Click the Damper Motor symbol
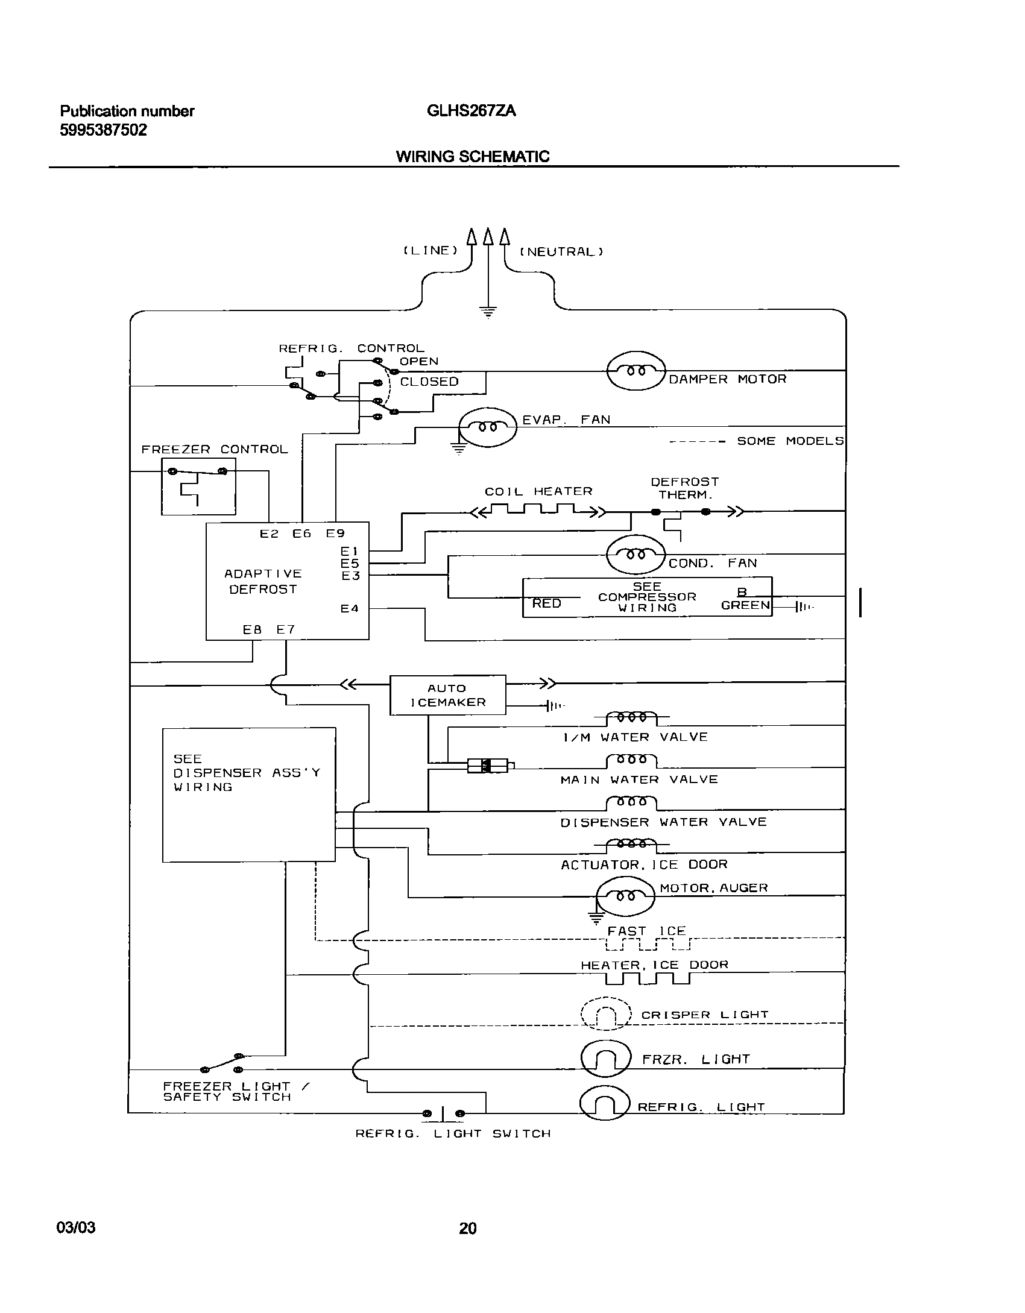pos(635,371)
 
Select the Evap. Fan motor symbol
pos(488,427)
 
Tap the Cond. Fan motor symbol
pos(635,554)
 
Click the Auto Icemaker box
pos(447,695)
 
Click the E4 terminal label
pos(350,609)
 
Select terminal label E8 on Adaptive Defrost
pos(252,629)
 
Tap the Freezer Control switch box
pos(198,486)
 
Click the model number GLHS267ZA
pos(471,111)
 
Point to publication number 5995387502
pos(103,130)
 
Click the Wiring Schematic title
pos(472,157)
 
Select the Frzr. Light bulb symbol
pos(605,1059)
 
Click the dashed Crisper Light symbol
pos(605,1014)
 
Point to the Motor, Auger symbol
pos(625,896)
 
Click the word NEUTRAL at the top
pos(561,252)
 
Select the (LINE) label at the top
pos(430,250)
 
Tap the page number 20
pos(468,1228)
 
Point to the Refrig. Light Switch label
pos(453,1134)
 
